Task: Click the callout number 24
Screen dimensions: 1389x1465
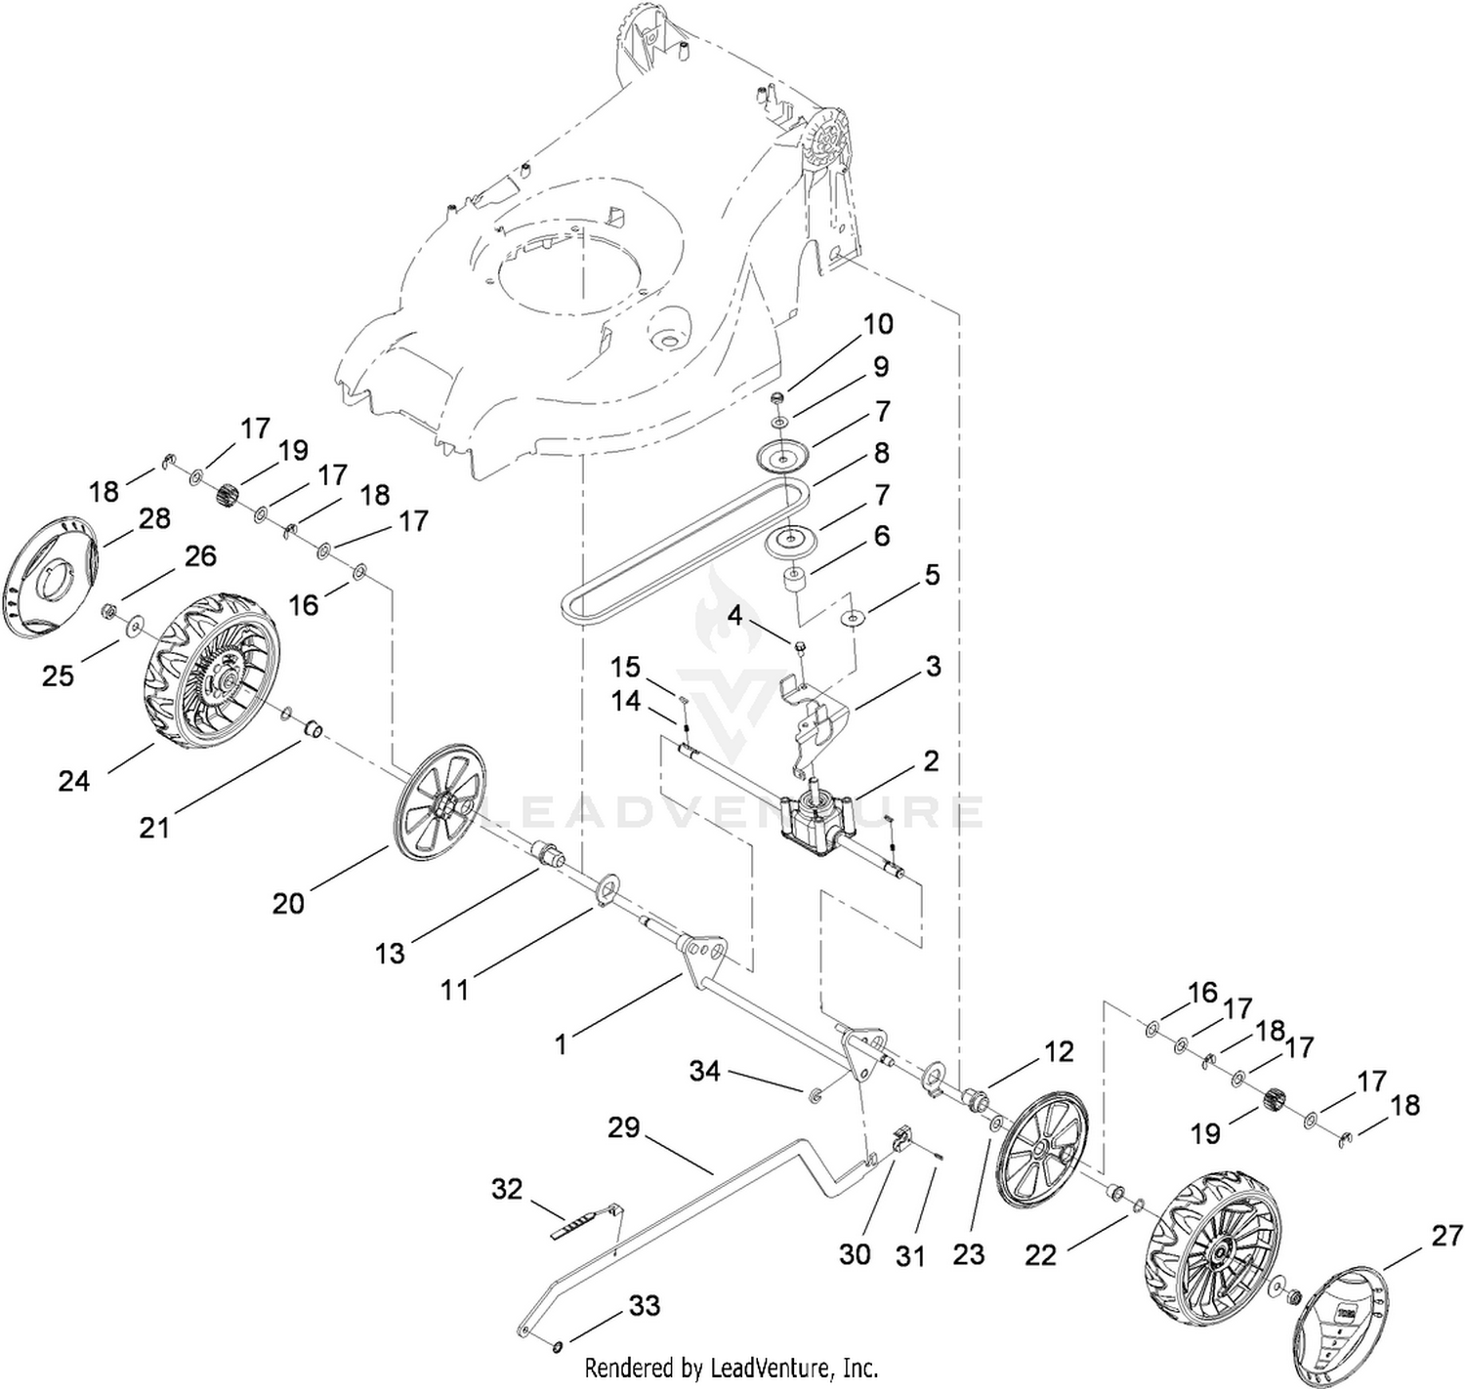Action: [x=73, y=780]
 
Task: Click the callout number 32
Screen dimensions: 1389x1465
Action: [x=508, y=1189]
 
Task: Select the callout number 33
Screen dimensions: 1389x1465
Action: [x=645, y=1305]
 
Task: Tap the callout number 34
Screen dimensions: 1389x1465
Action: [x=704, y=1071]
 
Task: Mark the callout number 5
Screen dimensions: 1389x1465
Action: [x=932, y=575]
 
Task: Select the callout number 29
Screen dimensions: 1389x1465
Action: [x=623, y=1127]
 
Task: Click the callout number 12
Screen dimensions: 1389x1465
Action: [x=1059, y=1051]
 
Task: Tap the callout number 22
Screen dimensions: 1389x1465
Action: [x=1041, y=1254]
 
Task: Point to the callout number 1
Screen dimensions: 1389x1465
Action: [x=561, y=1044]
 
